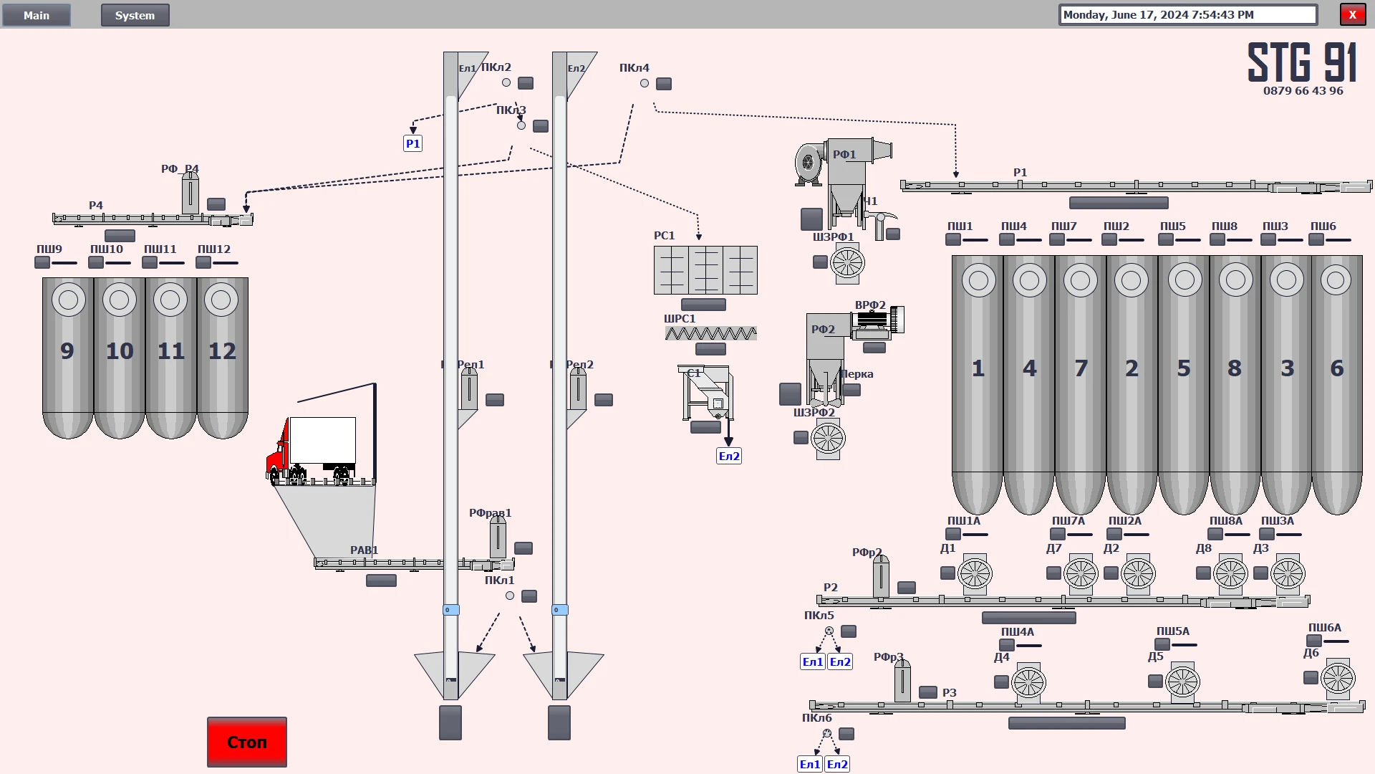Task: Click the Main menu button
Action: (x=37, y=15)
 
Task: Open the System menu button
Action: (x=135, y=15)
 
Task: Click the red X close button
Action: (x=1352, y=15)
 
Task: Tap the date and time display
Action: (x=1187, y=15)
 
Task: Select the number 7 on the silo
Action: (x=1081, y=368)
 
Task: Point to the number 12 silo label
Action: (x=222, y=351)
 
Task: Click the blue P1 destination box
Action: (x=413, y=143)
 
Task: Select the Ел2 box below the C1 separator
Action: (x=729, y=457)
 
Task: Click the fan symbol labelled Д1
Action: (x=975, y=573)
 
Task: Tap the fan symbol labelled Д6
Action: (x=1338, y=678)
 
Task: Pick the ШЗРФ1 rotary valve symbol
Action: (x=847, y=262)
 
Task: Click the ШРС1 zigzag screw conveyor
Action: (x=710, y=333)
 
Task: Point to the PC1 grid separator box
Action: (x=705, y=270)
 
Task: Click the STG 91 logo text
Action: (x=1302, y=62)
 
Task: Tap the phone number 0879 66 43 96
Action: (x=1303, y=91)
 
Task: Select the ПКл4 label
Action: (x=634, y=68)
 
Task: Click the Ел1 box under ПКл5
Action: (x=812, y=662)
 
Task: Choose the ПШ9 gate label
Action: (x=49, y=249)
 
